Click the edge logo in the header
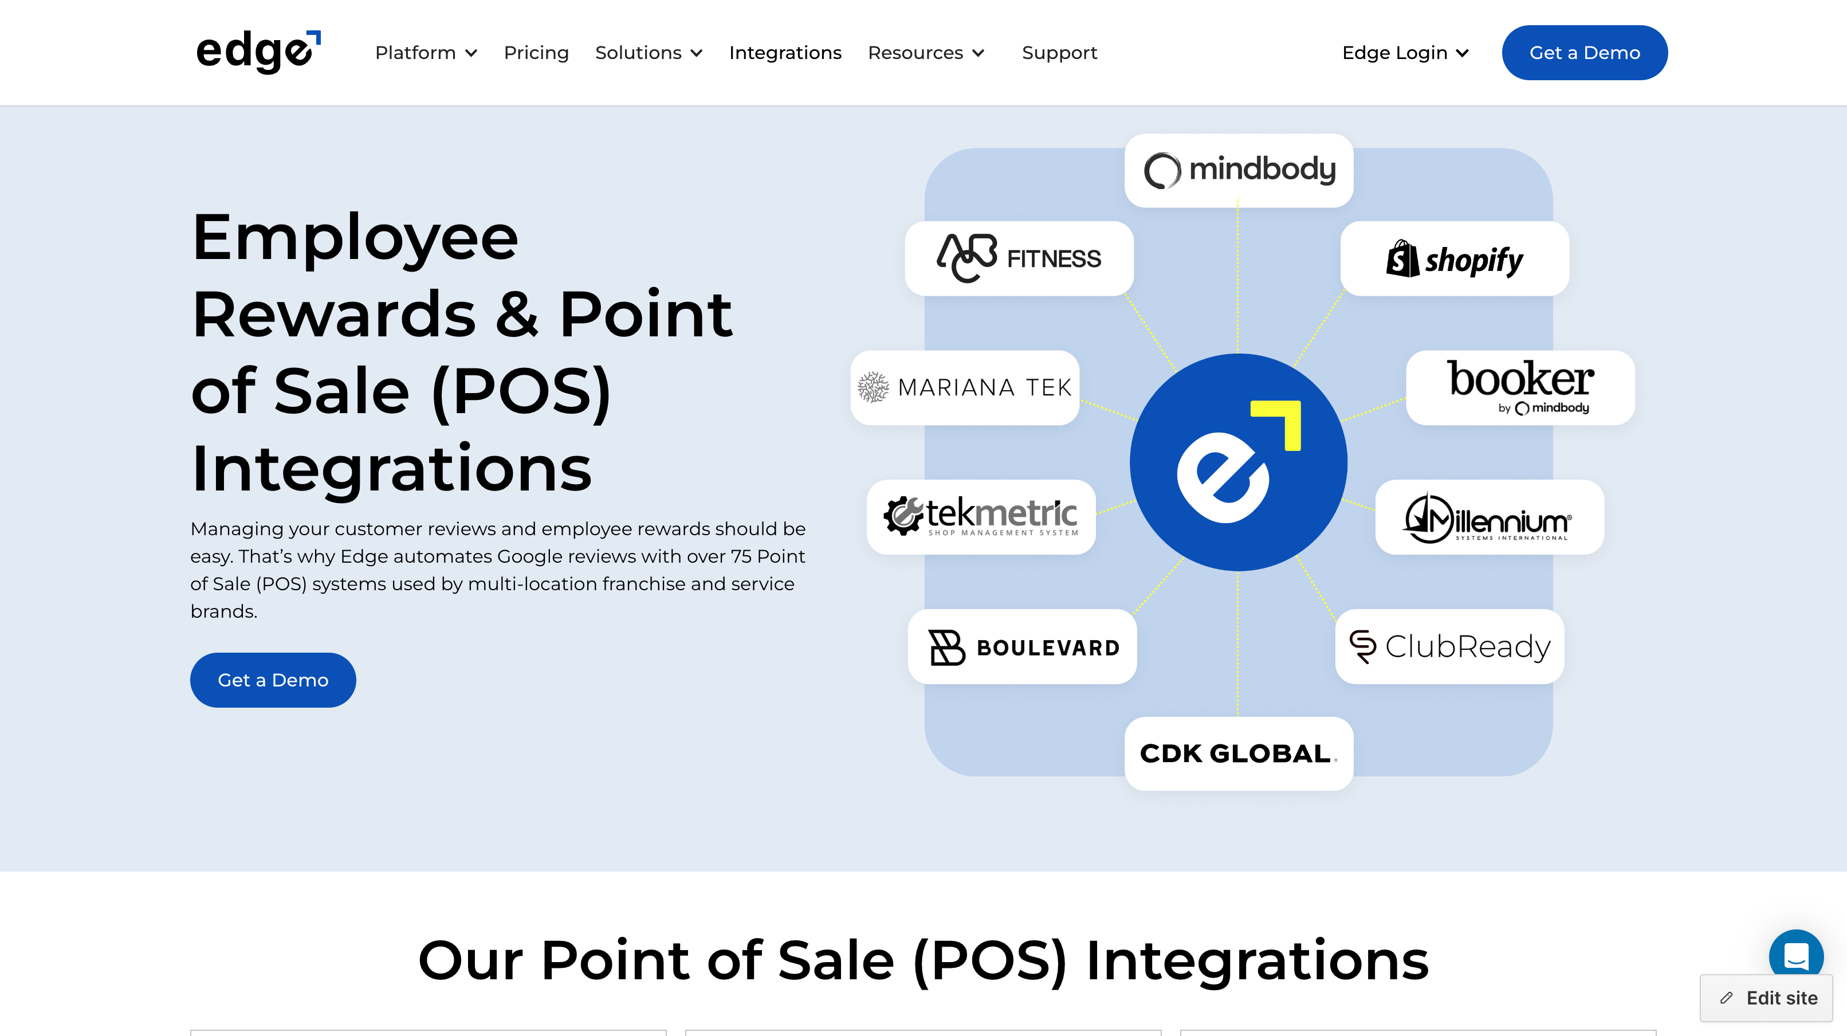[x=258, y=52]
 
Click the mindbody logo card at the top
[x=1238, y=171]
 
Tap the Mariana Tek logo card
[x=964, y=388]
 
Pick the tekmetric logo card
[x=980, y=517]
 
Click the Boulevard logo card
[x=1021, y=647]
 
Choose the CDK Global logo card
[x=1238, y=754]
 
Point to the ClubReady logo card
[x=1449, y=647]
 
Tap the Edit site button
[x=1766, y=998]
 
